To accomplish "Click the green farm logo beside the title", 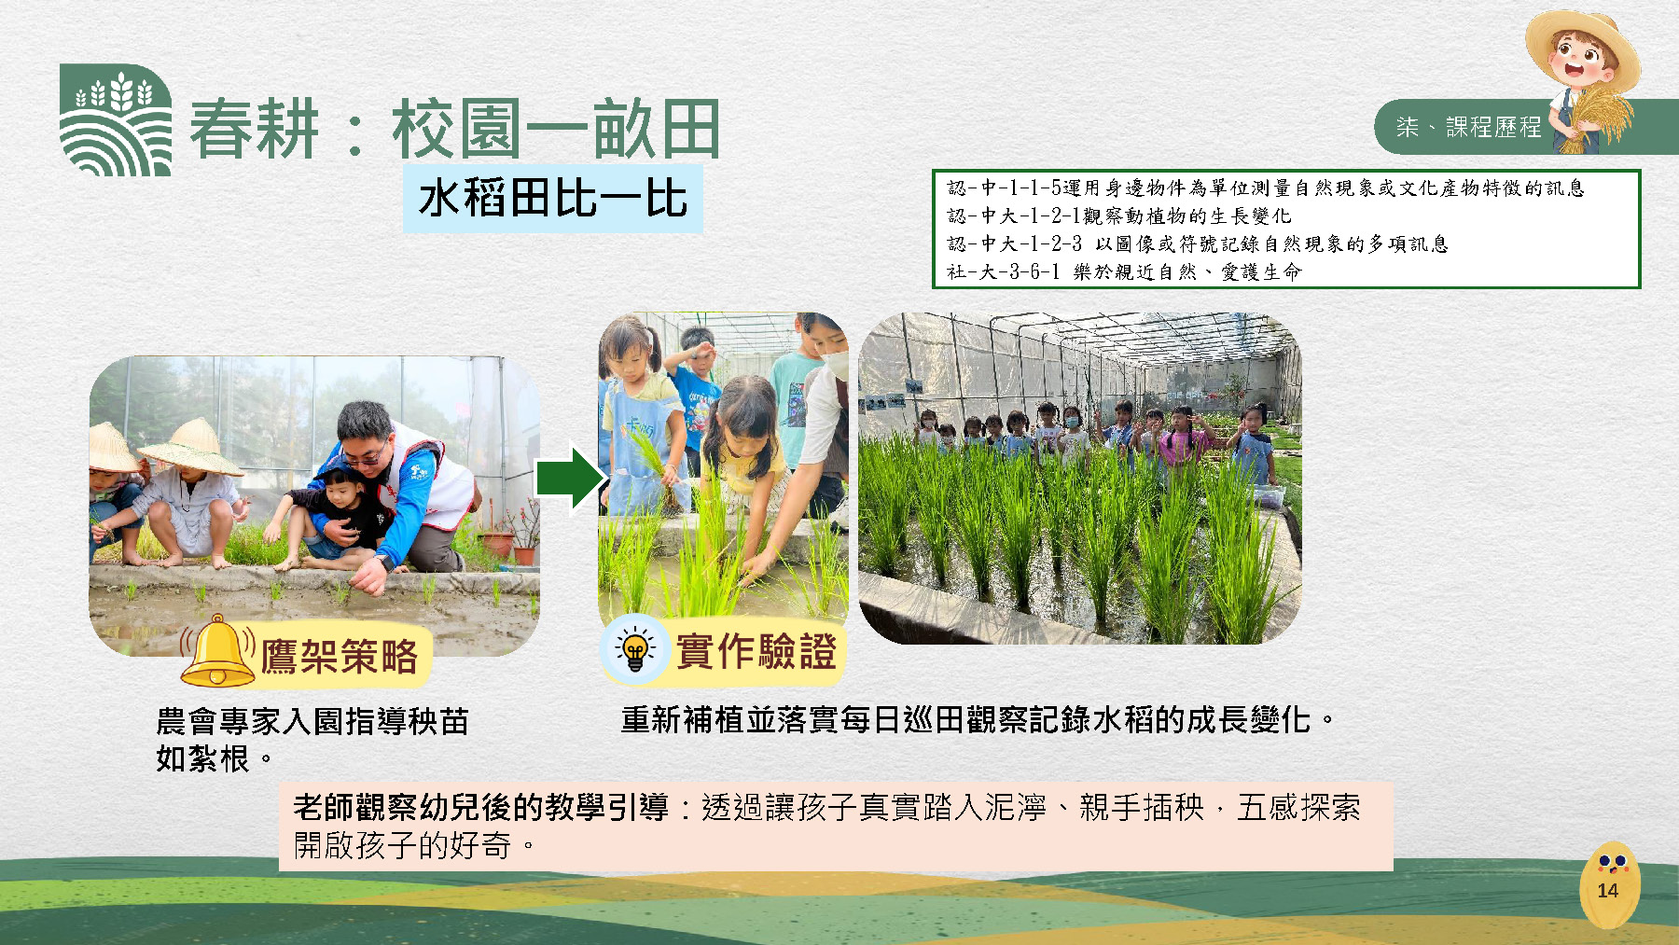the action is point(116,119).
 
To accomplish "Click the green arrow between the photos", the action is point(571,478).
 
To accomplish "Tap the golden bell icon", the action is point(217,651).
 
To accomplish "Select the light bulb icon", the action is point(635,647).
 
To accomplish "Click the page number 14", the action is point(1607,890).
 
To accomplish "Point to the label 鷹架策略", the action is point(339,657).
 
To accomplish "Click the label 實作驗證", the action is point(756,651).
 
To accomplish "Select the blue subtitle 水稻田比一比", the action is point(552,199).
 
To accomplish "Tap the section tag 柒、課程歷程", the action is point(1469,127).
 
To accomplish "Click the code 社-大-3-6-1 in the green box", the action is point(1004,271).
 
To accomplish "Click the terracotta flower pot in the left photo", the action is point(524,555).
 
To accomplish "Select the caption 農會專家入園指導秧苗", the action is point(312,721).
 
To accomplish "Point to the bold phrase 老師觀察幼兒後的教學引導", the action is point(481,807).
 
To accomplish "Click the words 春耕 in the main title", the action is point(255,129).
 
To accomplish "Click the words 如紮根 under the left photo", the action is point(202,759).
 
